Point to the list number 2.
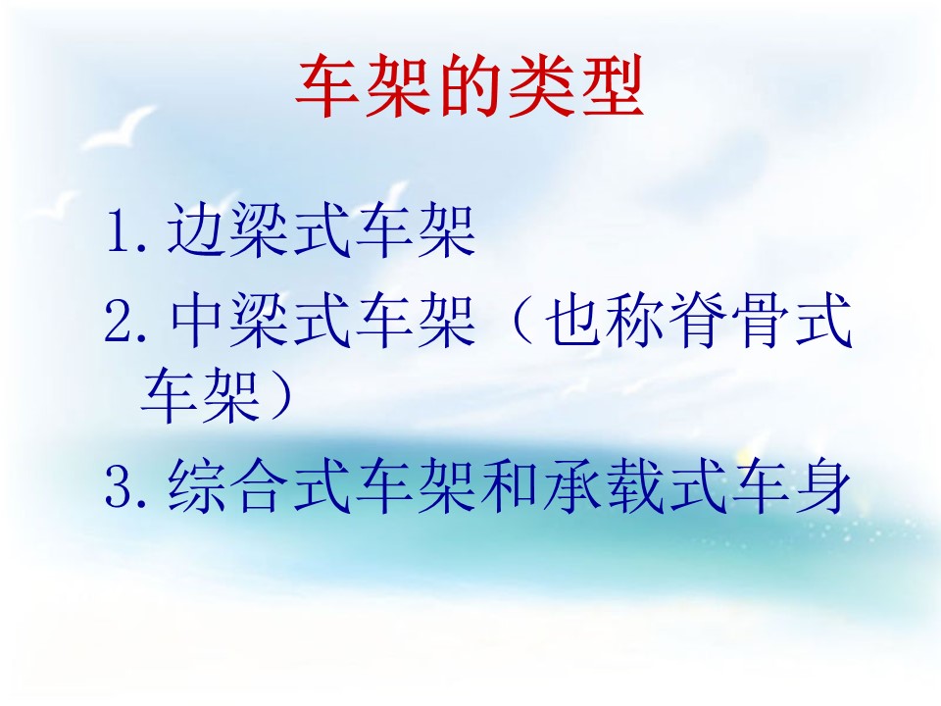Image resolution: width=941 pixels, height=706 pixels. coord(119,322)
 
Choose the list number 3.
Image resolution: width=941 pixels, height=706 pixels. coord(119,487)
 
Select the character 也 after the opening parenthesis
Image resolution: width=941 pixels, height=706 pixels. coord(574,320)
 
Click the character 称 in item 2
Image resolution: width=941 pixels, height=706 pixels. coord(637,320)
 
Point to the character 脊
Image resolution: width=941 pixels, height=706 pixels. coord(699,320)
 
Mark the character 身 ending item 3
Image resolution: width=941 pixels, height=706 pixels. coord(822,485)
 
